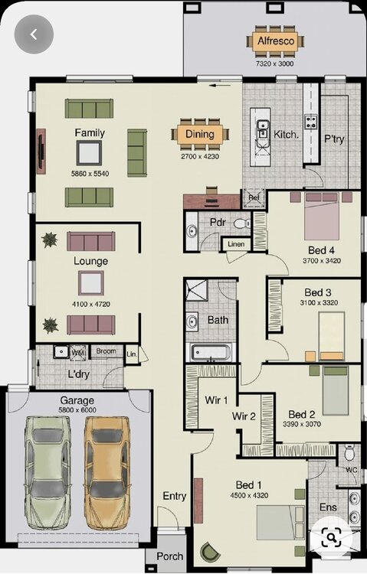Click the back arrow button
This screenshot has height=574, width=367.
[x=33, y=34]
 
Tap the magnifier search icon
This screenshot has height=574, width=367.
[x=331, y=537]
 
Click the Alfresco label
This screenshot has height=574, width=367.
[x=274, y=41]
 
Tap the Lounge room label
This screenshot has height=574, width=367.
[x=90, y=261]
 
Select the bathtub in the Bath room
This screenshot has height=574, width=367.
[x=210, y=353]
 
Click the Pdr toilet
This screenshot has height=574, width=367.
[x=241, y=223]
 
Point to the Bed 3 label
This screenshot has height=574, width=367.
[x=317, y=292]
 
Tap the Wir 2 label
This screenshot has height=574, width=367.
[x=244, y=416]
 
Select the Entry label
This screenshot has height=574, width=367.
[x=174, y=496]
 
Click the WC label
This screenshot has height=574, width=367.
[x=352, y=471]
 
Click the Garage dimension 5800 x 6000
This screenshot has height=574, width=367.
[x=77, y=410]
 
